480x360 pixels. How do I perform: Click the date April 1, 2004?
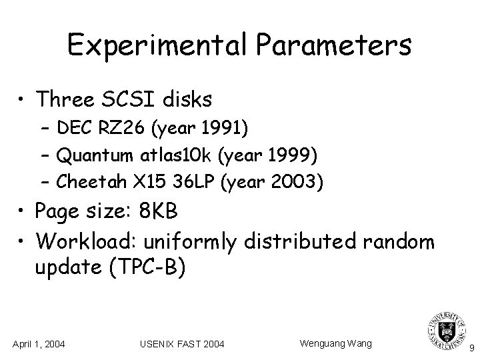(39, 344)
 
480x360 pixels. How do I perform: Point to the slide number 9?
(471, 347)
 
